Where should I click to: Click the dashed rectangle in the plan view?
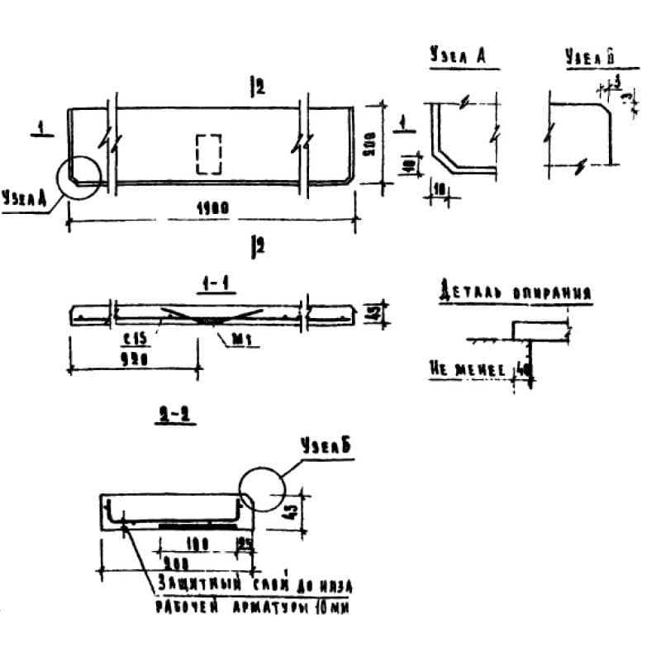point(208,154)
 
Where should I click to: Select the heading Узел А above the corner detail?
point(456,57)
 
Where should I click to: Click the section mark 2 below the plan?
point(258,245)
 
